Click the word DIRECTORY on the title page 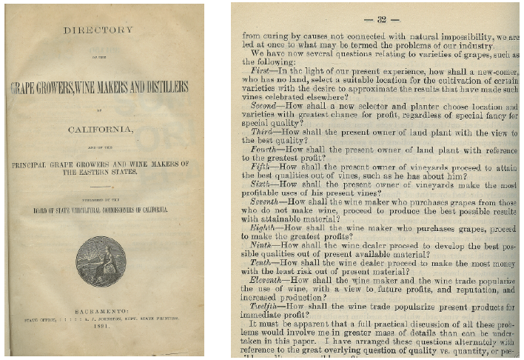98,30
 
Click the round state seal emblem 101,261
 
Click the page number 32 382,19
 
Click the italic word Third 263,131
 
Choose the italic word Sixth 263,184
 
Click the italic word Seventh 267,201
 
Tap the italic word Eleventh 269,281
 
